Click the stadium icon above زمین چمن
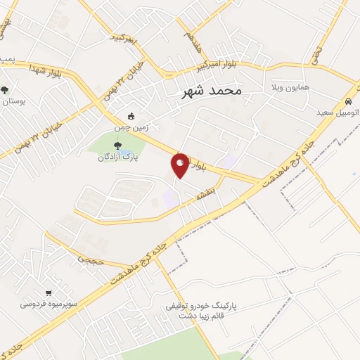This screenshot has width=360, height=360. click(x=131, y=116)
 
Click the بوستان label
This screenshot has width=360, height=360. click(x=13, y=102)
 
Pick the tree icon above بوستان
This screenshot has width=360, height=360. click(x=5, y=90)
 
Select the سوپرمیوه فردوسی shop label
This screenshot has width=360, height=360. click(x=48, y=304)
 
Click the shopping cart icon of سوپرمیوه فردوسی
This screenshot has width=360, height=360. click(x=49, y=293)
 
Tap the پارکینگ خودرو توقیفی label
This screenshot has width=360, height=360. click(x=200, y=307)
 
